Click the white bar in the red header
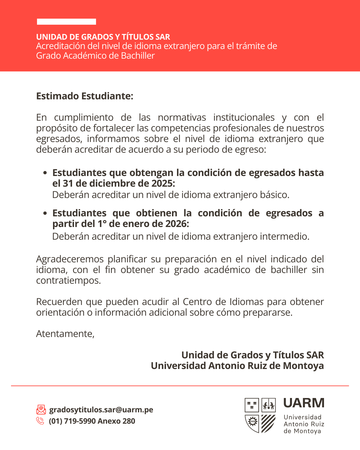click(66, 22)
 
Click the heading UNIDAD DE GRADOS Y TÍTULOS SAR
click(103, 37)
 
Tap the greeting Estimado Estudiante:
click(85, 96)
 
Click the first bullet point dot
click(45, 173)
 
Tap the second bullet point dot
click(45, 213)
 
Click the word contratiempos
click(68, 280)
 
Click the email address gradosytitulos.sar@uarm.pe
click(101, 410)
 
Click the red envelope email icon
click(41, 409)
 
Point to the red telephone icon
click(40, 421)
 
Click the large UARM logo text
click(304, 403)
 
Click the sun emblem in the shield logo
click(252, 422)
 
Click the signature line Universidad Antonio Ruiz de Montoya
click(237, 366)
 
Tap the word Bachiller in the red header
click(138, 56)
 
